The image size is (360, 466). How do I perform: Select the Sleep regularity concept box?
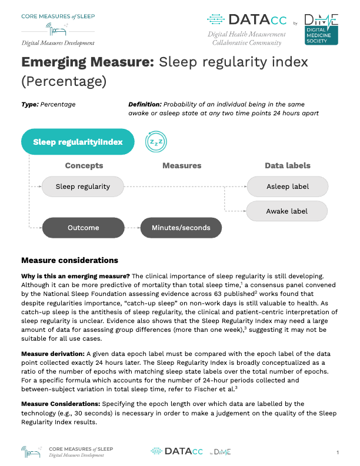point(82,187)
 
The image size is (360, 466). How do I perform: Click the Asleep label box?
point(287,187)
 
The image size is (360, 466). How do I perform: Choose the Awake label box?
point(287,211)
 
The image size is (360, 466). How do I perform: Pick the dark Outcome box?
point(82,228)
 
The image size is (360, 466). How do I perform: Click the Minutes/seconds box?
point(181,228)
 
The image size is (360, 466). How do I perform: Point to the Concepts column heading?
point(84,165)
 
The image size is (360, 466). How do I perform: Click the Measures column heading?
point(182,165)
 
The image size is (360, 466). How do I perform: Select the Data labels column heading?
point(288,165)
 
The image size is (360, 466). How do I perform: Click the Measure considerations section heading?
point(69,260)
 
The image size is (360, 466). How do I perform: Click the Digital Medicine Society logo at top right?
point(320,28)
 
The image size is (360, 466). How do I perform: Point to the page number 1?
point(338,452)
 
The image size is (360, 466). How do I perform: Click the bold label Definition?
point(145,104)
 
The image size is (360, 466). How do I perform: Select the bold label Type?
point(29,104)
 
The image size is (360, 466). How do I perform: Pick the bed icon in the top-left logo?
point(59,31)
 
